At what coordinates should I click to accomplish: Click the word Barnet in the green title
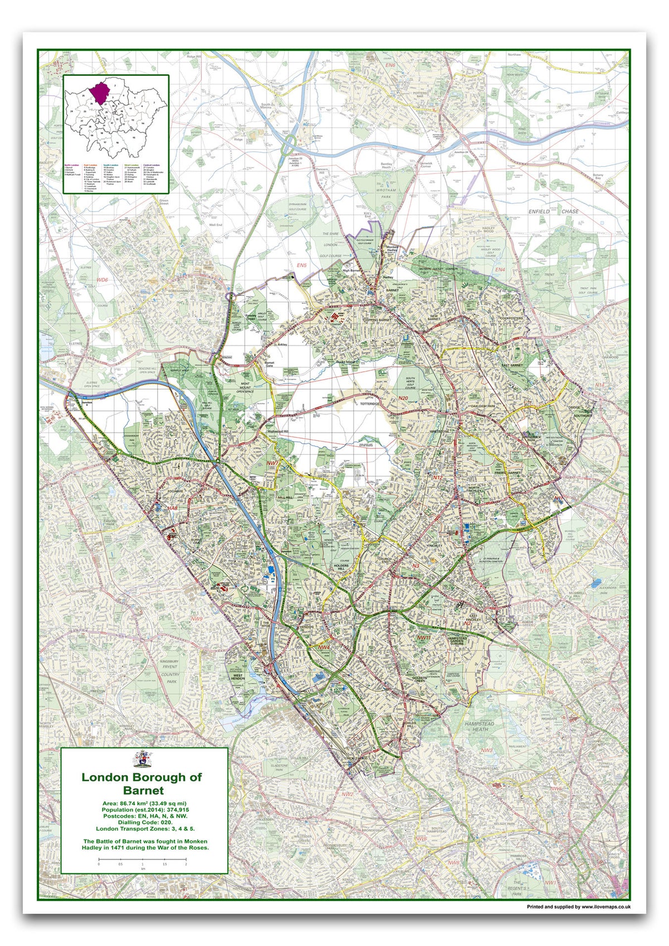click(x=144, y=790)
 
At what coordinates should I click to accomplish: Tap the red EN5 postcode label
click(x=302, y=265)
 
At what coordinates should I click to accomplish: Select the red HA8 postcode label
click(x=173, y=508)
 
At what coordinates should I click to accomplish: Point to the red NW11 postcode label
click(x=424, y=637)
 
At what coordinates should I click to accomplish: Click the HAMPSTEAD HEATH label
click(x=479, y=726)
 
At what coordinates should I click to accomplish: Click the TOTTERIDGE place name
click(x=370, y=403)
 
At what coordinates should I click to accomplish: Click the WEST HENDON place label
click(x=238, y=677)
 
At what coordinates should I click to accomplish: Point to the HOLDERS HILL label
click(x=341, y=568)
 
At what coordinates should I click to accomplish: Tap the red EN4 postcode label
click(x=500, y=270)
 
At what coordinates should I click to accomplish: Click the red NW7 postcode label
click(x=272, y=463)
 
